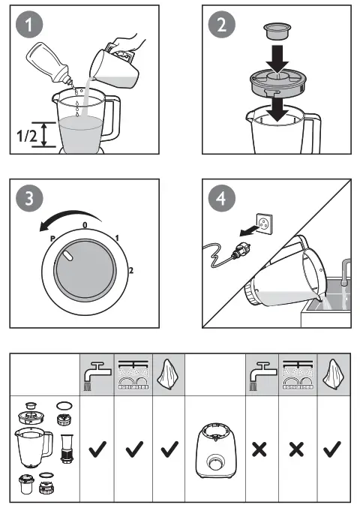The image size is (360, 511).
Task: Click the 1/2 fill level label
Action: [x=25, y=135]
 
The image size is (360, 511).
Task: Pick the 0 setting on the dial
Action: [x=85, y=224]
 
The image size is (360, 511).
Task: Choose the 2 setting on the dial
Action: [x=132, y=269]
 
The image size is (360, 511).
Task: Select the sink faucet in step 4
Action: [x=345, y=274]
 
